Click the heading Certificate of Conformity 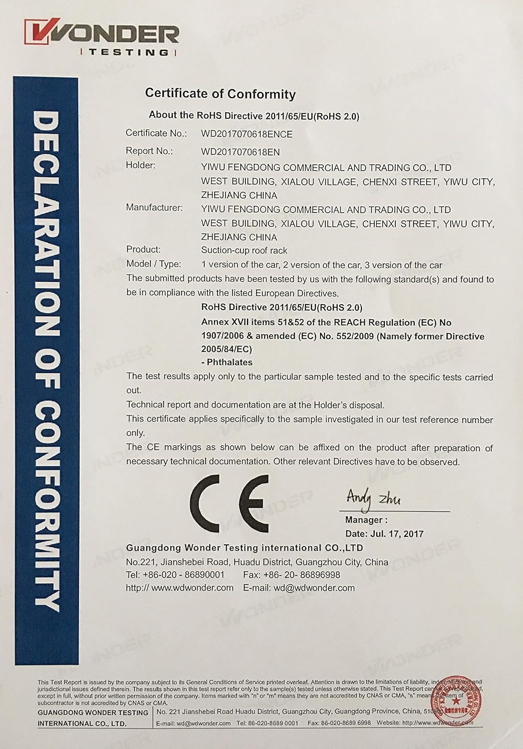tap(220, 93)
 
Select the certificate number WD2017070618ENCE tap(247, 134)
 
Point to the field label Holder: tap(141, 165)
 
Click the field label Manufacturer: tap(154, 207)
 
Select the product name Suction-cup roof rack tap(244, 250)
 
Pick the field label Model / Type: tap(154, 264)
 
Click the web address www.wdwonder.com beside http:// tap(192, 588)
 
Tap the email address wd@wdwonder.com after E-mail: tap(314, 588)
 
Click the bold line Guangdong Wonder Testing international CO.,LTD tap(244, 548)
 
